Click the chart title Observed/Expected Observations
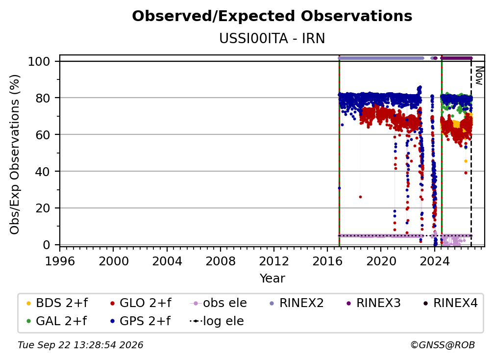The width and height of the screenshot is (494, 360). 272,16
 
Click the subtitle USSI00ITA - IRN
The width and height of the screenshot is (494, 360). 272,38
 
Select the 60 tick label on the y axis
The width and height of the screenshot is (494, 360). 43,134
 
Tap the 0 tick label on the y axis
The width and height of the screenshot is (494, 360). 47,245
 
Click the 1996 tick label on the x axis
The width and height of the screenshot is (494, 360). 60,261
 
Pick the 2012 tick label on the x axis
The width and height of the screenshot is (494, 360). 274,261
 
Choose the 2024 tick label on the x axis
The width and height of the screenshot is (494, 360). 434,261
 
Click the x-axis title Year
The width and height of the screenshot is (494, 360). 272,279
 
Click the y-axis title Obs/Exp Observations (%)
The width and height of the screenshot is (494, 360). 15,154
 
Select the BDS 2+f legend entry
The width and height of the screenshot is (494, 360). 57,303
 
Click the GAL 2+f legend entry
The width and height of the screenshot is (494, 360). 57,321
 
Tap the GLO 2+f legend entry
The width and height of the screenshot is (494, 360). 141,303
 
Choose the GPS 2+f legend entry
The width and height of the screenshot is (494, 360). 141,321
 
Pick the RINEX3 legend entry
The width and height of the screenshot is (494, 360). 373,303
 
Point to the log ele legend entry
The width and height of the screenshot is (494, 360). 217,321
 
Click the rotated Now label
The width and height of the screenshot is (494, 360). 479,76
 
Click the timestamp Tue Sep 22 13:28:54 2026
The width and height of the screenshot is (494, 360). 80,345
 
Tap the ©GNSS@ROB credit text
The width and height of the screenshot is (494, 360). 443,345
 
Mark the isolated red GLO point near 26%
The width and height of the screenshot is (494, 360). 360,197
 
